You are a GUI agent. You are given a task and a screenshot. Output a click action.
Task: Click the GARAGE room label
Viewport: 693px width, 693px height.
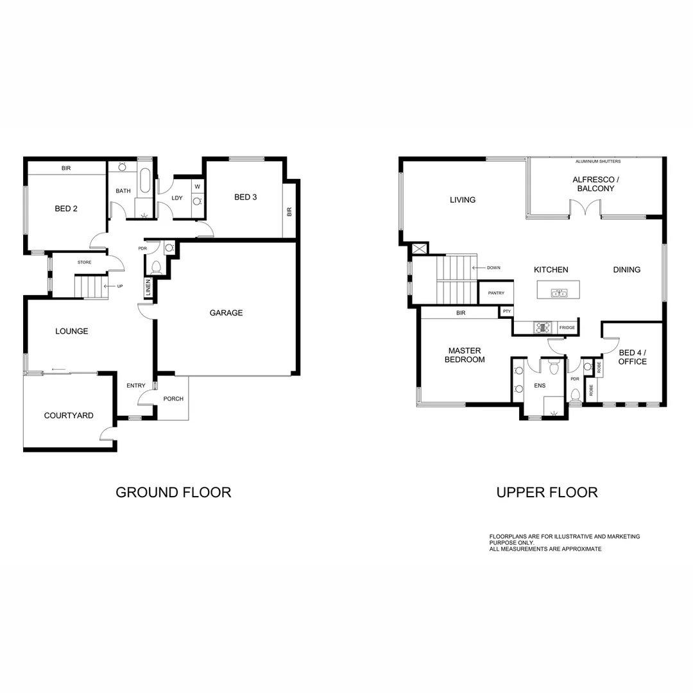226,313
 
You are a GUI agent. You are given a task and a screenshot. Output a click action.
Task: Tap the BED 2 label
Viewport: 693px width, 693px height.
66,209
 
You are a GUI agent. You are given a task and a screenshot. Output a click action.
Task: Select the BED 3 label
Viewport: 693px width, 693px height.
245,197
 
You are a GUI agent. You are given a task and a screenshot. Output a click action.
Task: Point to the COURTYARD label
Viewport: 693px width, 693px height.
69,416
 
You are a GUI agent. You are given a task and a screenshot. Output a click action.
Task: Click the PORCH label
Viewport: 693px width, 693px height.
173,399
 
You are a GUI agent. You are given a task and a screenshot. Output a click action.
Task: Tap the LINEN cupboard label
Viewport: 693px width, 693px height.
148,288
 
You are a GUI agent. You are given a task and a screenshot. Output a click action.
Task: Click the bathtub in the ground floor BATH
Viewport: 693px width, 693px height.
145,182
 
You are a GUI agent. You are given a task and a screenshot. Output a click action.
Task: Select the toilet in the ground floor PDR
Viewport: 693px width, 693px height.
156,267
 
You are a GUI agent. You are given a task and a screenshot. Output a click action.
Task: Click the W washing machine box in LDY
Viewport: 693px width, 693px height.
198,187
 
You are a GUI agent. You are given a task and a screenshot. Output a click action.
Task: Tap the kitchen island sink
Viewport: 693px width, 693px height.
559,293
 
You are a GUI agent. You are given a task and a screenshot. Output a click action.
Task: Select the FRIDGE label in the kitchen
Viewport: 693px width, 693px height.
567,328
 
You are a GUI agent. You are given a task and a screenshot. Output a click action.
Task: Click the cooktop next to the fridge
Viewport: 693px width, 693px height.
543,328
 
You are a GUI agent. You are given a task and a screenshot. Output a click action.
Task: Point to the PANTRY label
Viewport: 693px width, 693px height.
496,293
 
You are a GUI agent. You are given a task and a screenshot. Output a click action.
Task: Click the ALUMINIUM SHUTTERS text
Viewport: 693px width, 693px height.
598,162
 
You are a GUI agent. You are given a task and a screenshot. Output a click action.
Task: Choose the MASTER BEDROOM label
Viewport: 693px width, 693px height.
465,355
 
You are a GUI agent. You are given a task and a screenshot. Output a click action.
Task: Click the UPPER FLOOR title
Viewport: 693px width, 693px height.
547,493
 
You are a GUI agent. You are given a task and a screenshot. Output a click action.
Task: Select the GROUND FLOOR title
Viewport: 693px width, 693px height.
173,493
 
